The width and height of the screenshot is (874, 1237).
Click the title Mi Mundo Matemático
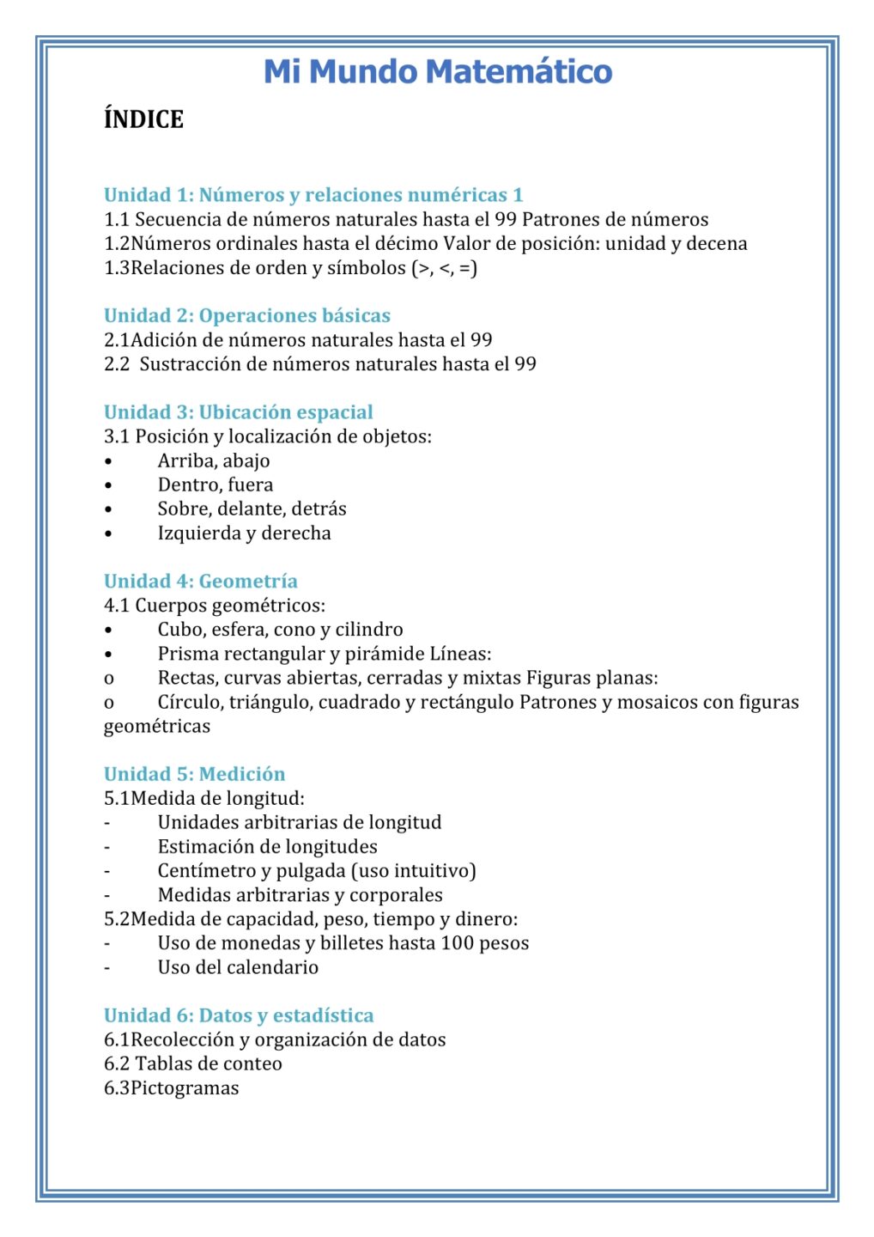[x=437, y=71]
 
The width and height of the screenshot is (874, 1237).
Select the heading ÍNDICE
[x=143, y=119]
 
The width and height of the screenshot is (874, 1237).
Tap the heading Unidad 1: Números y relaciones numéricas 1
[x=313, y=195]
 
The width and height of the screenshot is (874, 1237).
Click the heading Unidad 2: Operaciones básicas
[x=247, y=315]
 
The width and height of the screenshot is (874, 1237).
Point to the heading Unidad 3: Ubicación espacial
[x=239, y=412]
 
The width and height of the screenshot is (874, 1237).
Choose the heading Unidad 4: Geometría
[x=201, y=581]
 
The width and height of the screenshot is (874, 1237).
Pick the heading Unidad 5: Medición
[x=195, y=774]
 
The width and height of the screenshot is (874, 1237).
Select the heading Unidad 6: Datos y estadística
[x=239, y=1015]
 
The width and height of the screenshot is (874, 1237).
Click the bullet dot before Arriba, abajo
[x=108, y=461]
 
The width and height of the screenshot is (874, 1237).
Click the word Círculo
[x=190, y=703]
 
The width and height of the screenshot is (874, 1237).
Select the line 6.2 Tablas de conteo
[x=193, y=1063]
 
